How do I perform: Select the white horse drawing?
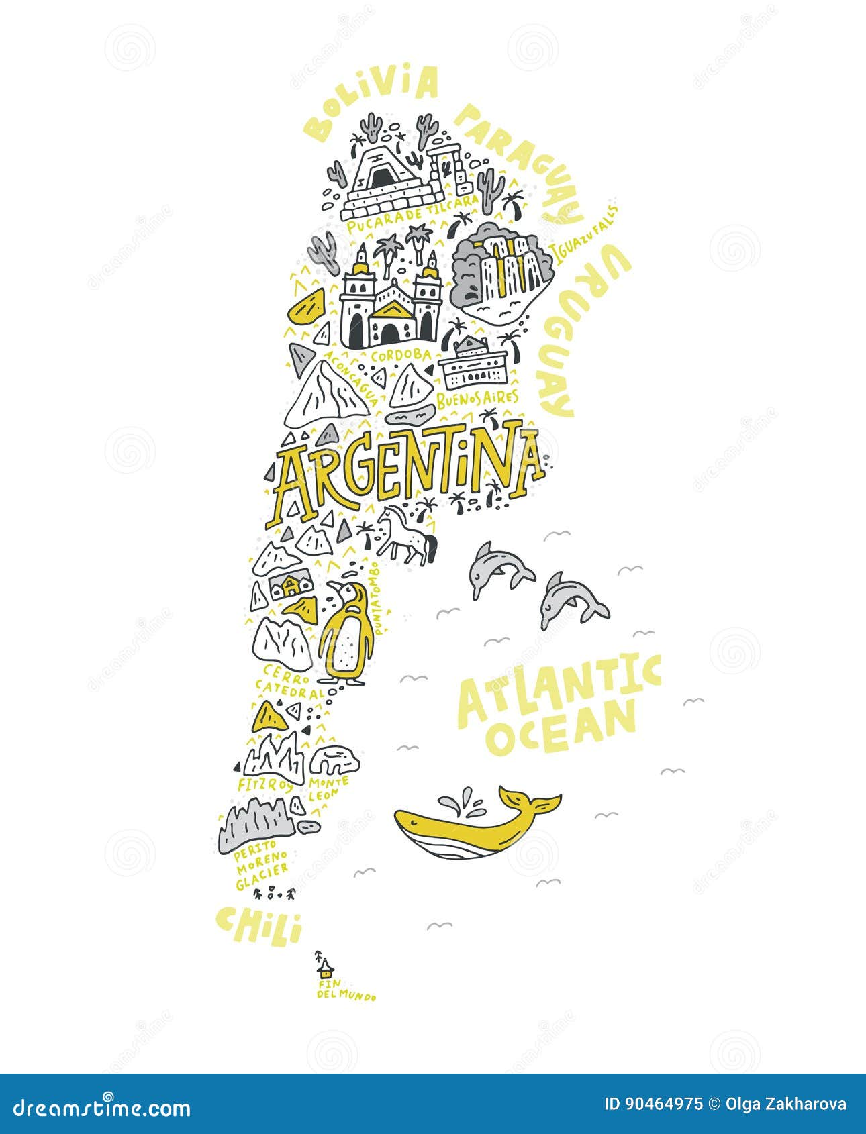tap(405, 535)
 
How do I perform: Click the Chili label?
tap(258, 926)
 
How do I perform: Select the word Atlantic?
tap(557, 688)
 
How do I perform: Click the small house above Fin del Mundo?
tap(326, 968)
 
